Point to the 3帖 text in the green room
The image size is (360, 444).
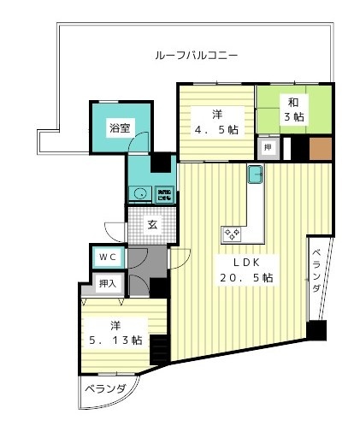coord(293,115)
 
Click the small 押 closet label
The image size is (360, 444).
coord(269,148)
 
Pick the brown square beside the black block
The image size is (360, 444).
coord(321,148)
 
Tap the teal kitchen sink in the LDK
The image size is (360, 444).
coord(255,175)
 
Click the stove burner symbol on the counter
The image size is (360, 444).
coord(232,232)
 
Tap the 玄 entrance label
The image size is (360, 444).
coord(151,226)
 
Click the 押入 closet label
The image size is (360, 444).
coord(108,283)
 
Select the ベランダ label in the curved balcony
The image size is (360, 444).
coord(105,391)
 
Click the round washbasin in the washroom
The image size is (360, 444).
coord(139,192)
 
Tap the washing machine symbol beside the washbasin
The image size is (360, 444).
coord(164,192)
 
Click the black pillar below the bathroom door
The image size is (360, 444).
coord(161,163)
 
